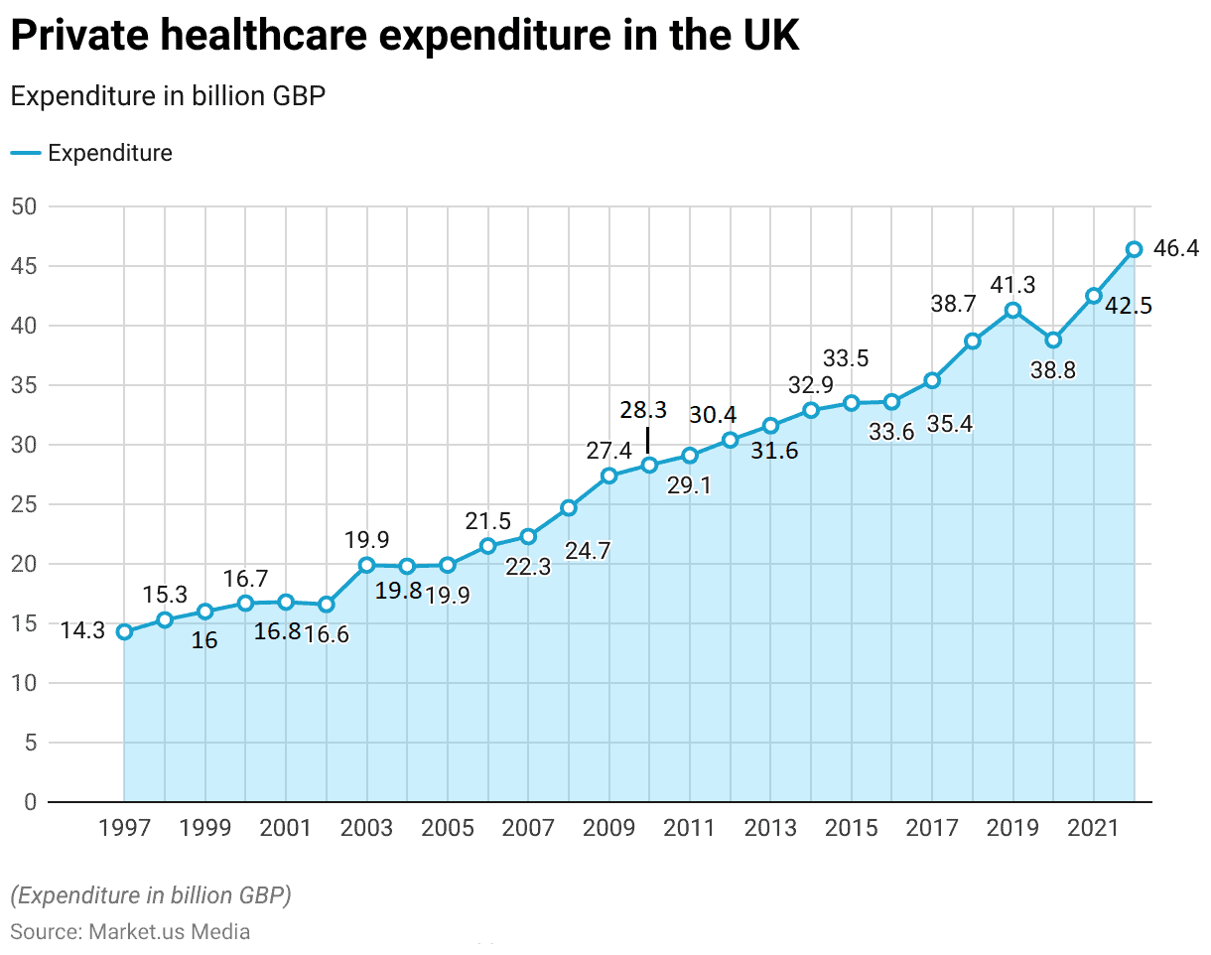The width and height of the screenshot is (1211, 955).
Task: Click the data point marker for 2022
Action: tap(1134, 249)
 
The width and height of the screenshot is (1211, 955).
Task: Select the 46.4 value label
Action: tap(1176, 249)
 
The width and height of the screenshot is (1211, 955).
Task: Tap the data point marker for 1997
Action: tap(124, 631)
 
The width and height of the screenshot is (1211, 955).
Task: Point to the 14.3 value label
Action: tap(82, 631)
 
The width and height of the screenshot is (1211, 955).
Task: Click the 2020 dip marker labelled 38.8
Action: tap(1053, 340)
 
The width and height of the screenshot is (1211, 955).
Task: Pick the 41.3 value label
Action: tap(1012, 285)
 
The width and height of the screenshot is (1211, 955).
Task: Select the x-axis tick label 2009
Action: tap(608, 829)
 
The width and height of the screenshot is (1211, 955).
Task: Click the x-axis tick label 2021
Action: tap(1093, 829)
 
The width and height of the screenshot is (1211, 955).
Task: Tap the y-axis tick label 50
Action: tap(25, 206)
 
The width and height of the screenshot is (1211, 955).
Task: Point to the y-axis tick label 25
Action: tap(25, 504)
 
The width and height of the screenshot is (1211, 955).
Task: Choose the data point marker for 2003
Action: tap(366, 565)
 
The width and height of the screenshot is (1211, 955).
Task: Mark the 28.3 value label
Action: tap(643, 410)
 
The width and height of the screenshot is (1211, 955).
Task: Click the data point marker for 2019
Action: tap(1012, 310)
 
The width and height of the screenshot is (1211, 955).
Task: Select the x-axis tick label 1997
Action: tap(124, 829)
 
